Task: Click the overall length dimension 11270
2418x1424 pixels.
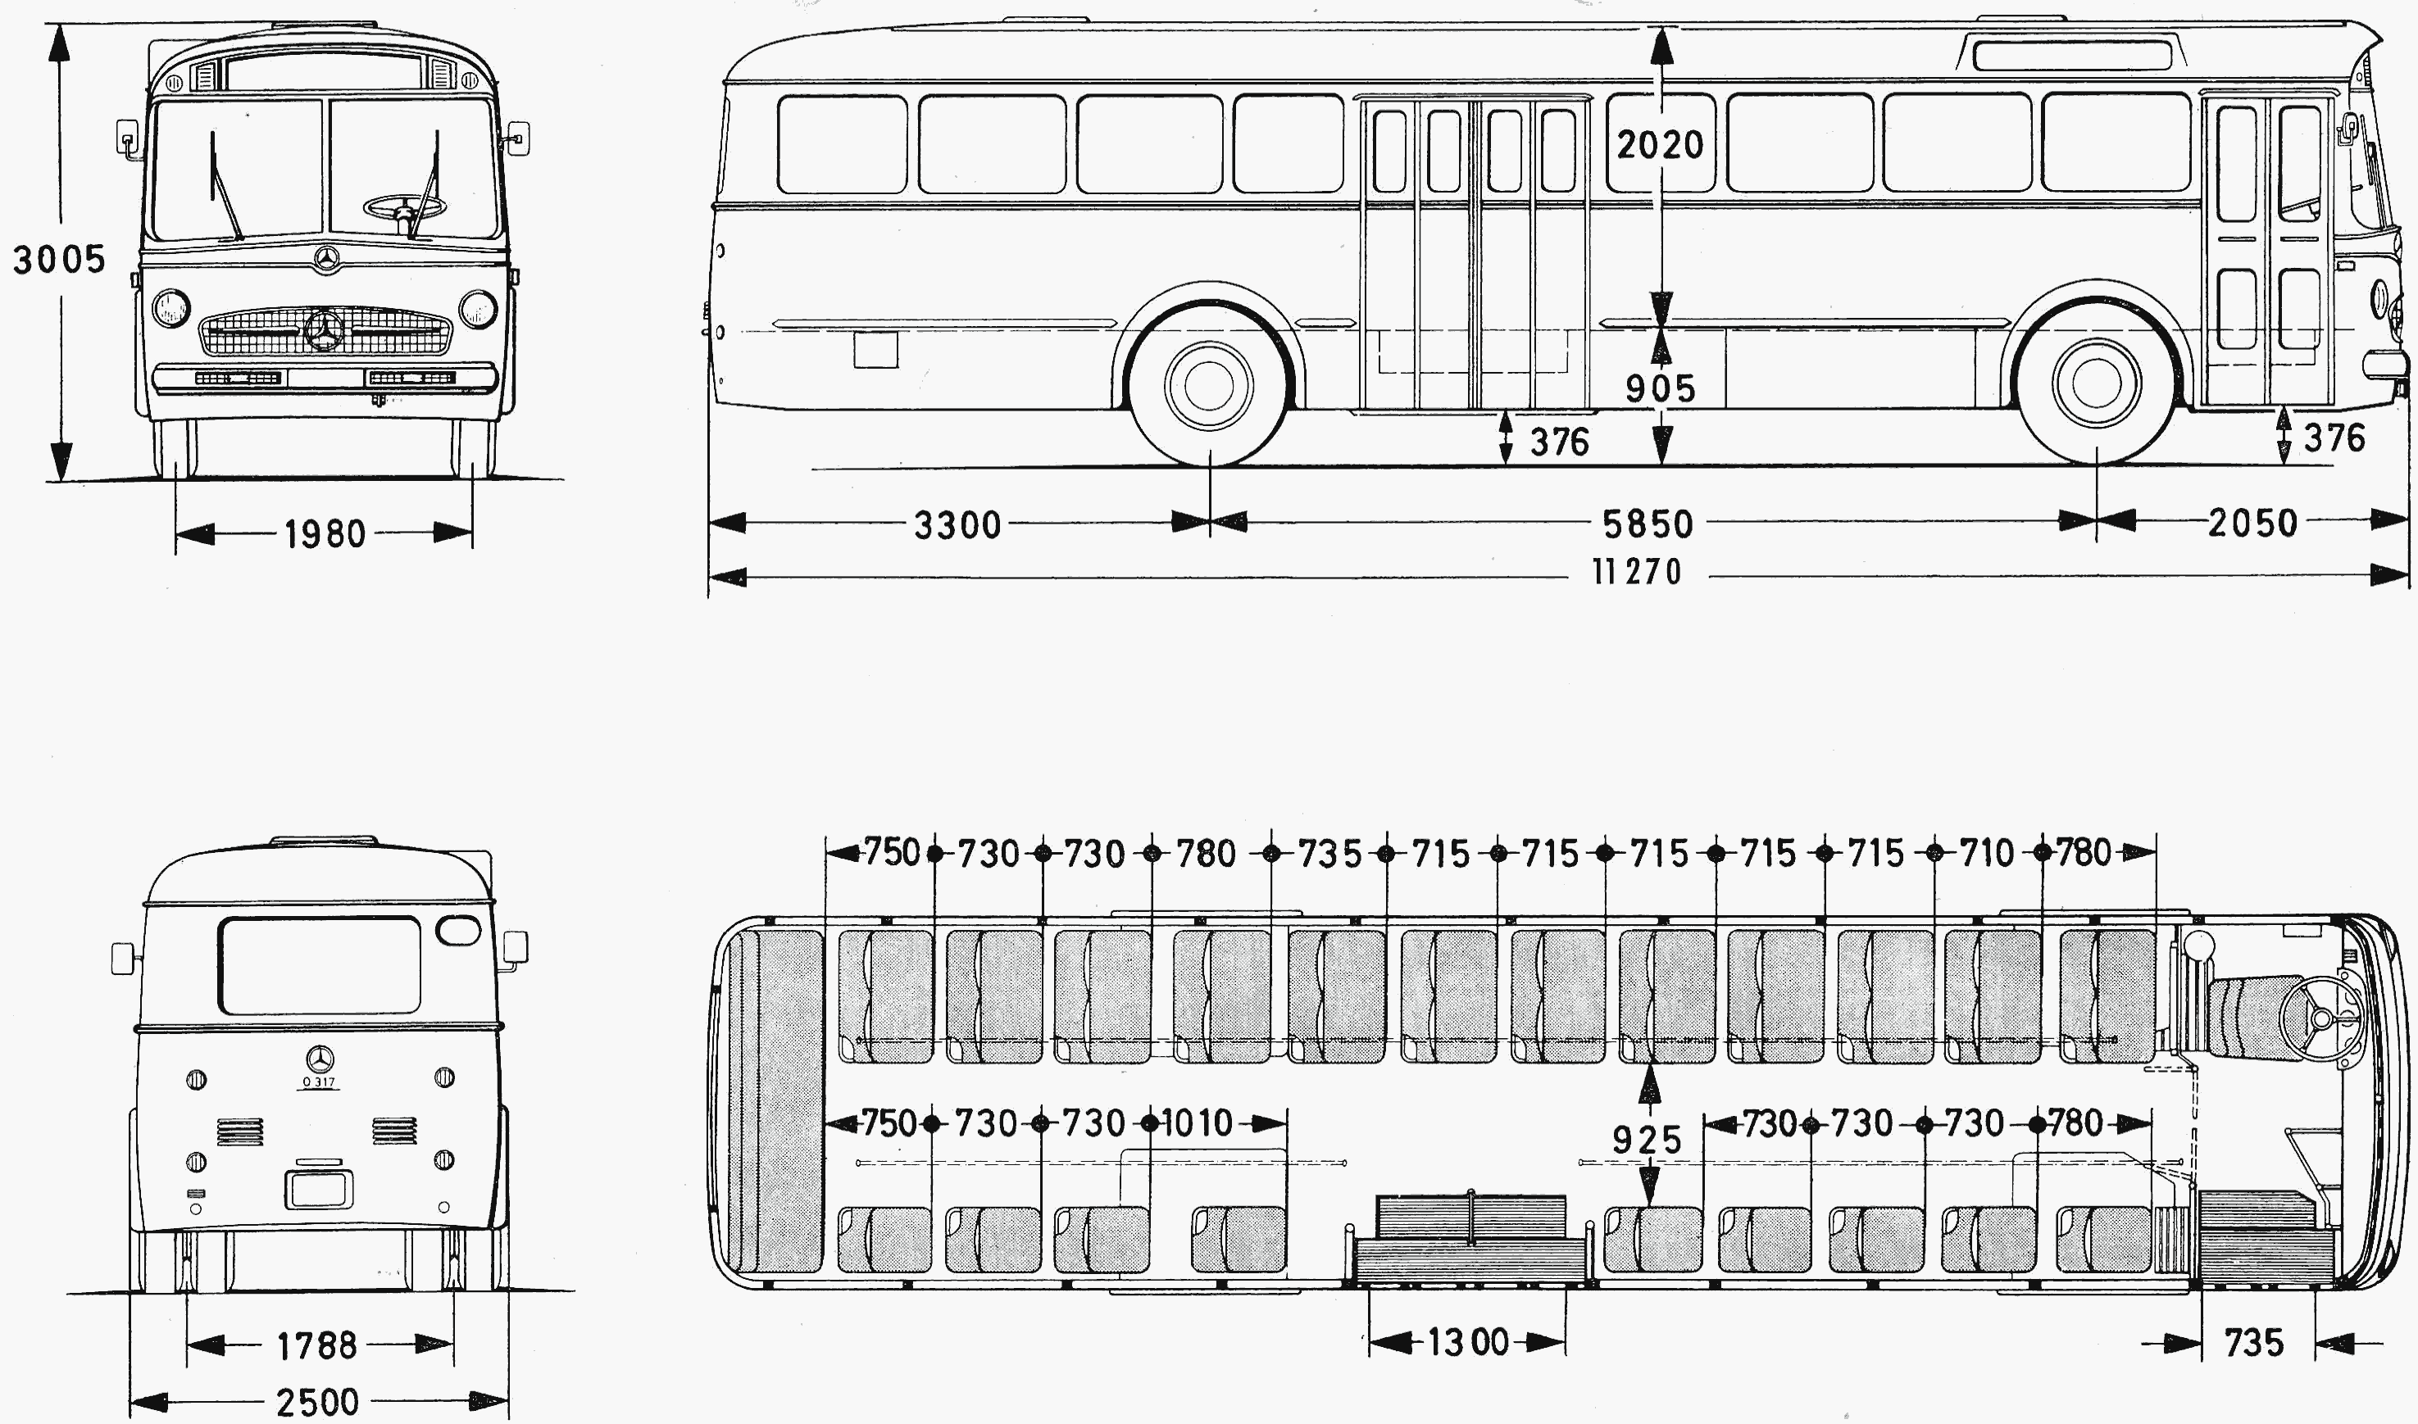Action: (1637, 572)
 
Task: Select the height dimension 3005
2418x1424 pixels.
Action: (58, 259)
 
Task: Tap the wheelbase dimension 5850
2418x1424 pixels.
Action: (1648, 524)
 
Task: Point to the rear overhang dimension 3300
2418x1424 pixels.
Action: (957, 525)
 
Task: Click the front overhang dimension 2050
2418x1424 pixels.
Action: (2253, 523)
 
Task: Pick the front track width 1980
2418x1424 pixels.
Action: (325, 533)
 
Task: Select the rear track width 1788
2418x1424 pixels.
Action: (316, 1345)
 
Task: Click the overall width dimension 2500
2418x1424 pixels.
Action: (316, 1403)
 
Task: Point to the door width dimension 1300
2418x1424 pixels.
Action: (1468, 1341)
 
